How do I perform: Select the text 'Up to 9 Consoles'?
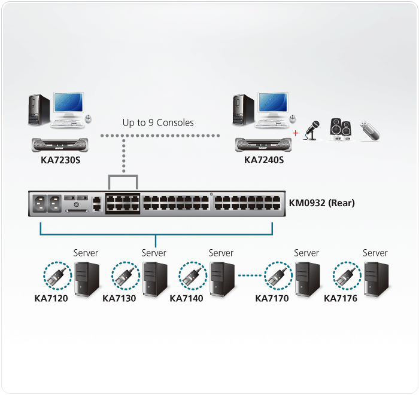pos(158,123)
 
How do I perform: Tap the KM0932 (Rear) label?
pos(321,203)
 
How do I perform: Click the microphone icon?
pos(313,130)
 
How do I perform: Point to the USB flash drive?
pos(369,131)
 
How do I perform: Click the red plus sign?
pos(295,132)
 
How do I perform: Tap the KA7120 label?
pos(51,298)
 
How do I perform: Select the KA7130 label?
pos(119,298)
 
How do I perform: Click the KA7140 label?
pos(186,298)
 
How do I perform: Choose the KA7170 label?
pos(272,298)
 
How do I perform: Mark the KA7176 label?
pos(340,298)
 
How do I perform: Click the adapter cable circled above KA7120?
pos(57,275)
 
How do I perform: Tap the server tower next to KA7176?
pos(377,278)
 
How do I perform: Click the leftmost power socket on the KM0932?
pos(41,203)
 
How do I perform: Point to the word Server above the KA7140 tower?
pos(221,253)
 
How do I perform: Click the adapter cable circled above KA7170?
pos(278,275)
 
